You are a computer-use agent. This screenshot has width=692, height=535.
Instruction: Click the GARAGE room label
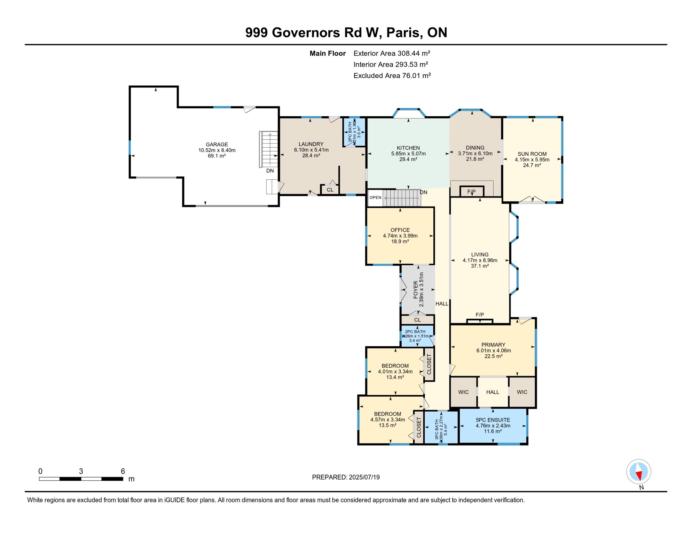tap(217, 144)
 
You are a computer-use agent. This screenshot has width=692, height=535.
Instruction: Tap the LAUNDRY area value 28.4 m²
tap(311, 156)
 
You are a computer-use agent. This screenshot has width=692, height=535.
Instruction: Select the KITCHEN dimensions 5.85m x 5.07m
tap(408, 154)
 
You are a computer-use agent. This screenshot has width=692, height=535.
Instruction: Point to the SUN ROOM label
tap(532, 154)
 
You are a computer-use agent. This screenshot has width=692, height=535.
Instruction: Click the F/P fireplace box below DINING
tap(471, 192)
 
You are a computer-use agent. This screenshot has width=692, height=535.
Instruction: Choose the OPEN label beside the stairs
tap(375, 197)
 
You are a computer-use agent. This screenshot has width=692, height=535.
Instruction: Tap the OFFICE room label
tap(400, 230)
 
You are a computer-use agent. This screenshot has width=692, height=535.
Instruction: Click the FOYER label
tap(416, 290)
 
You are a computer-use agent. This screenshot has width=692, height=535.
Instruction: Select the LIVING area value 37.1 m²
tap(480, 266)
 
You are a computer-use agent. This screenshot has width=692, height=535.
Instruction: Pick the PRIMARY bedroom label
tap(493, 345)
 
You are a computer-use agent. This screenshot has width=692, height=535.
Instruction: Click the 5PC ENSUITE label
tap(493, 420)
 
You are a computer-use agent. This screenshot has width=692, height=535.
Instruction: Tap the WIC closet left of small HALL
tap(463, 392)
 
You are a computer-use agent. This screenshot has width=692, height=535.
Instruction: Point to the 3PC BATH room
tap(441, 428)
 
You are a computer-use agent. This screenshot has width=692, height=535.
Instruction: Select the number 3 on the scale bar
tap(81, 471)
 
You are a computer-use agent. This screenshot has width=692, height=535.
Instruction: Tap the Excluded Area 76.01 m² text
tap(392, 76)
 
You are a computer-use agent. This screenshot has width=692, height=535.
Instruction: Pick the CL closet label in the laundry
tap(330, 190)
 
